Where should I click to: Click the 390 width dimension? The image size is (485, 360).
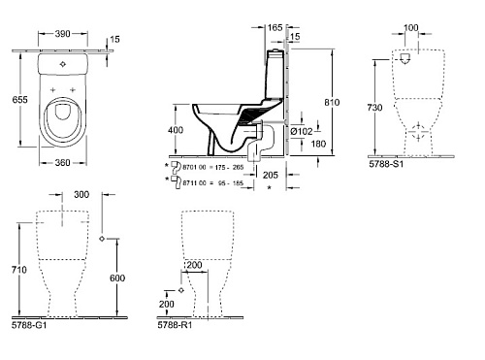[x=62, y=34]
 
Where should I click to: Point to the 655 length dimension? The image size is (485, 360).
[x=20, y=100]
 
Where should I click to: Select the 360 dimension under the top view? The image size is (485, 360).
[x=62, y=162]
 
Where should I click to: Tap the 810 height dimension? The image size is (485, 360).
[x=332, y=103]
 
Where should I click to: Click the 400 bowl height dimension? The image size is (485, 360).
[x=176, y=130]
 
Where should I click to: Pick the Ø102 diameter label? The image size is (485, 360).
[x=302, y=131]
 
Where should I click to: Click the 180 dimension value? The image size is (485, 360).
[x=318, y=144]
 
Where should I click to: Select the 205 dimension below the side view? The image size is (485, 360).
[x=271, y=175]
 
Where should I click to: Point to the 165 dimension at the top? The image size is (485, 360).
[x=275, y=28]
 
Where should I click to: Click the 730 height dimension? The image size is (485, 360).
[x=374, y=108]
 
